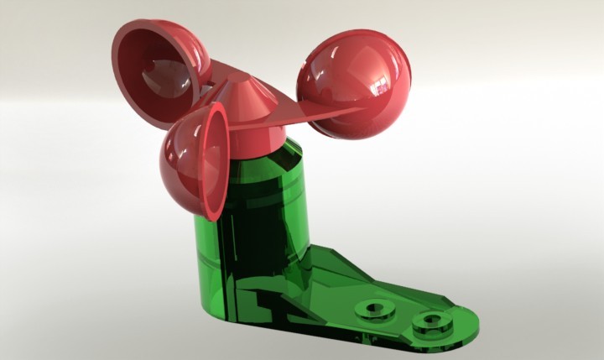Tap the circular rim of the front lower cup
[x=216, y=159]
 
